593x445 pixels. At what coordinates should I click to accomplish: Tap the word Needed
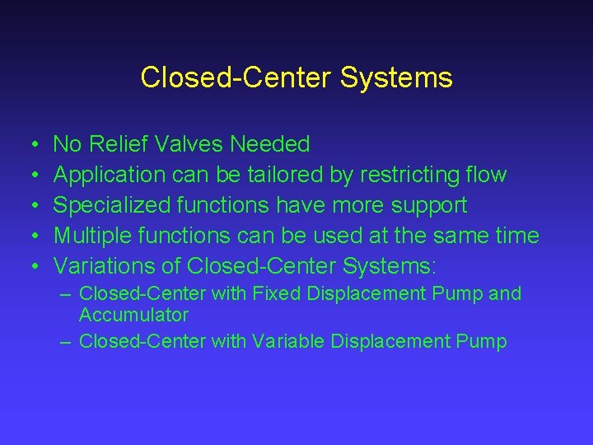[270, 145]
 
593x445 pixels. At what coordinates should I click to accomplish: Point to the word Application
[110, 176]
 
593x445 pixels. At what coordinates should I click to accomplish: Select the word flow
[486, 175]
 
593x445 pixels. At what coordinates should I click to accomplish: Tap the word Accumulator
[133, 315]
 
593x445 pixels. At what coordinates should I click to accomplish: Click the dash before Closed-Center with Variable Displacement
[66, 341]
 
